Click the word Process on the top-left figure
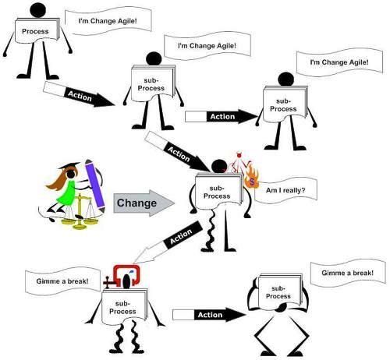tap(35, 31)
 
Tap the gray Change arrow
tap(144, 203)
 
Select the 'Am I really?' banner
tap(285, 190)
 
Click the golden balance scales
tap(80, 212)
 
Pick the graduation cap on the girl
tap(69, 165)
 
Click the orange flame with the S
tap(251, 178)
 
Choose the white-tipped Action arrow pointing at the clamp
tap(168, 242)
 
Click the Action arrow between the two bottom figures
tap(209, 315)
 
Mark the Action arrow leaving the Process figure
tap(79, 94)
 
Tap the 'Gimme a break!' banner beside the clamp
tap(62, 281)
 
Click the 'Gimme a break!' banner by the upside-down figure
tap(348, 274)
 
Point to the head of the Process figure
tap(37, 9)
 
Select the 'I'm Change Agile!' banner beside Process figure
tap(108, 21)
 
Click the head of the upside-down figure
tap(280, 308)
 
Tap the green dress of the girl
tap(67, 193)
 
